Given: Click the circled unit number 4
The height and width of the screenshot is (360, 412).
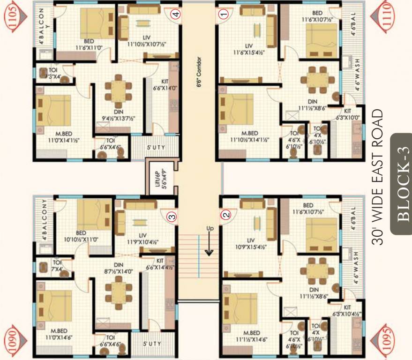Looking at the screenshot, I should pyautogui.click(x=175, y=14).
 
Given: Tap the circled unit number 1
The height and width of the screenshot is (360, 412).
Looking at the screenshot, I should pyautogui.click(x=224, y=14).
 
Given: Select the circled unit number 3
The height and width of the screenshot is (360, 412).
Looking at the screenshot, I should pyautogui.click(x=172, y=216).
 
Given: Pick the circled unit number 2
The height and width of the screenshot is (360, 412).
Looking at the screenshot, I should pyautogui.click(x=226, y=215).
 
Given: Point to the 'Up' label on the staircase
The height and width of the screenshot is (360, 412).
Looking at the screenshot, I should pyautogui.click(x=210, y=228).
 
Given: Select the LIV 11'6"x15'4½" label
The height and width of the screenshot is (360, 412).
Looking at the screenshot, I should pyautogui.click(x=248, y=49).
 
